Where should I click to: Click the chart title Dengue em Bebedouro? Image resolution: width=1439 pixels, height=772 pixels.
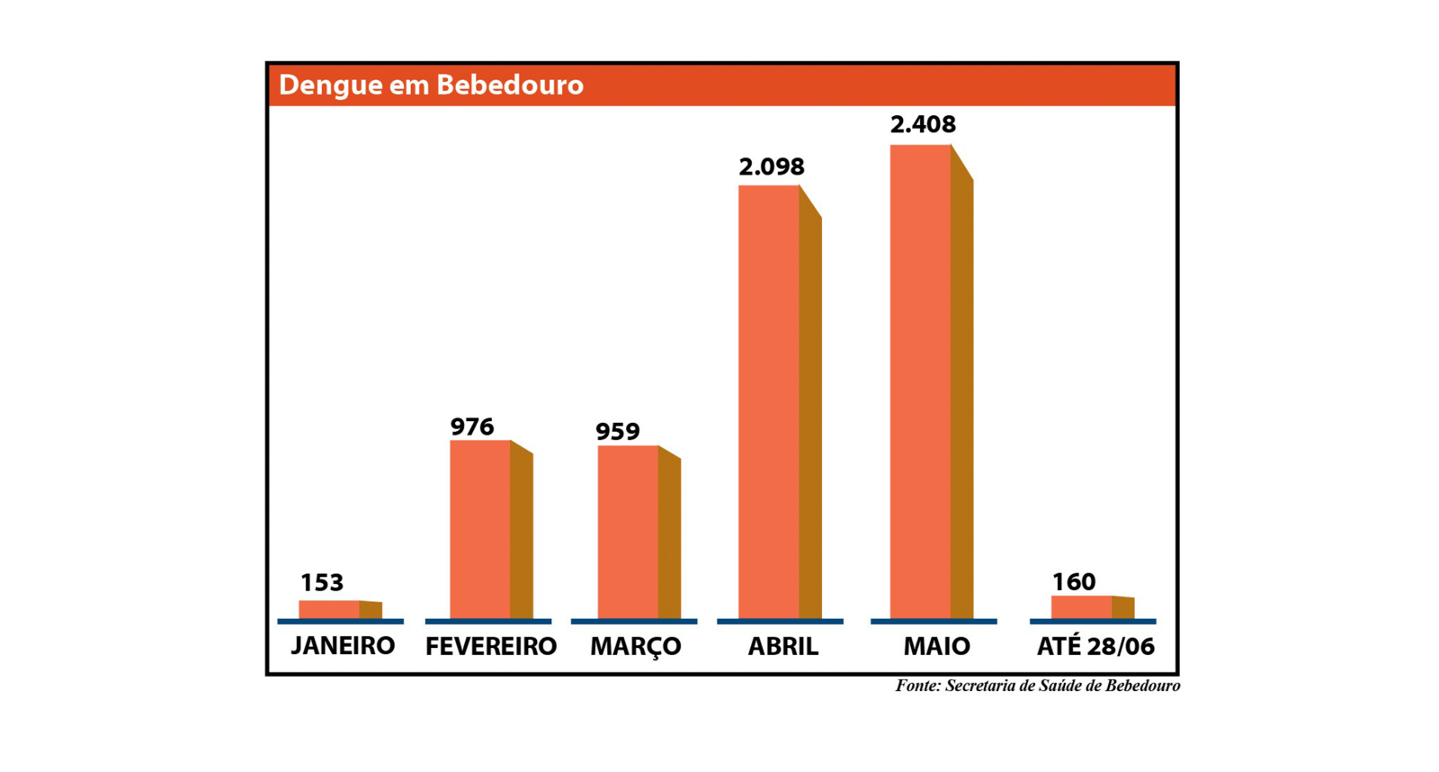click(431, 85)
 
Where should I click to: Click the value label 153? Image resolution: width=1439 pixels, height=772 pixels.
click(322, 583)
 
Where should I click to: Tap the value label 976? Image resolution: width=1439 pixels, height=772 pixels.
click(472, 426)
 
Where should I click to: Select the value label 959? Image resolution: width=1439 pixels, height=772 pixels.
click(618, 432)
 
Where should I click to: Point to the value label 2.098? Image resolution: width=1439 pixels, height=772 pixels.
click(772, 167)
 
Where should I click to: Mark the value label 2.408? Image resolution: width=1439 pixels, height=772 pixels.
click(923, 125)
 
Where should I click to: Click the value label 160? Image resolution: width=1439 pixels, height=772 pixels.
click(1074, 582)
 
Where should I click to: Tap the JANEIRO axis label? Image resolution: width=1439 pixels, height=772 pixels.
click(343, 646)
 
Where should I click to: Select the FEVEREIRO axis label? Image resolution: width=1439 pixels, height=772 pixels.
click(491, 647)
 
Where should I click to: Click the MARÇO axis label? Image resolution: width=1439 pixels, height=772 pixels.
click(635, 647)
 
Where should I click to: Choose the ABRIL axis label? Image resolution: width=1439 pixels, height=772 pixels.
click(783, 647)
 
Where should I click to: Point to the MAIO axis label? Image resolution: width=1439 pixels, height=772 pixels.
click(936, 647)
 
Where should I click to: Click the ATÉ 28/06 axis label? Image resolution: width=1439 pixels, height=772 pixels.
click(1095, 647)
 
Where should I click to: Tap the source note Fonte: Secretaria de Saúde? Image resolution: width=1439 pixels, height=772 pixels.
click(1037, 686)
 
